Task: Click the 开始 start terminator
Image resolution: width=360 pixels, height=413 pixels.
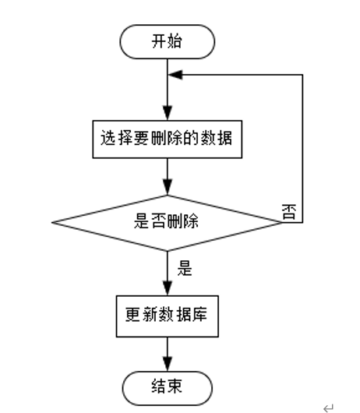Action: click(x=167, y=42)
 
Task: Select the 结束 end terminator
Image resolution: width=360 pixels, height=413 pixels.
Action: click(x=167, y=386)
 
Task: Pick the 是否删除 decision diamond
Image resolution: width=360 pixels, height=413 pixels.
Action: click(x=167, y=222)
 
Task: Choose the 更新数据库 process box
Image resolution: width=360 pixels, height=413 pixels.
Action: click(x=167, y=315)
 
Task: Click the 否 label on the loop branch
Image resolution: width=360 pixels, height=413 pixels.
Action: click(x=288, y=213)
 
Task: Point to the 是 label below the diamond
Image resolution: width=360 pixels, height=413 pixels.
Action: click(x=185, y=270)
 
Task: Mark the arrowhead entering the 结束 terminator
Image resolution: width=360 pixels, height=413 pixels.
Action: click(x=167, y=364)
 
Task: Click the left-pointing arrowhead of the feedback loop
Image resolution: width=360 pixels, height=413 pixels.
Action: click(x=175, y=76)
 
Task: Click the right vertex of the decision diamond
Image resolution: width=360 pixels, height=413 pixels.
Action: click(x=280, y=223)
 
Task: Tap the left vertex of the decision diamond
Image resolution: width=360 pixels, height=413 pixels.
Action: click(x=54, y=223)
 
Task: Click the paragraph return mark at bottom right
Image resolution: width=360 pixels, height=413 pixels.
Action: click(x=328, y=405)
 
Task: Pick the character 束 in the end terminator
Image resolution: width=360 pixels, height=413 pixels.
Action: click(x=175, y=386)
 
